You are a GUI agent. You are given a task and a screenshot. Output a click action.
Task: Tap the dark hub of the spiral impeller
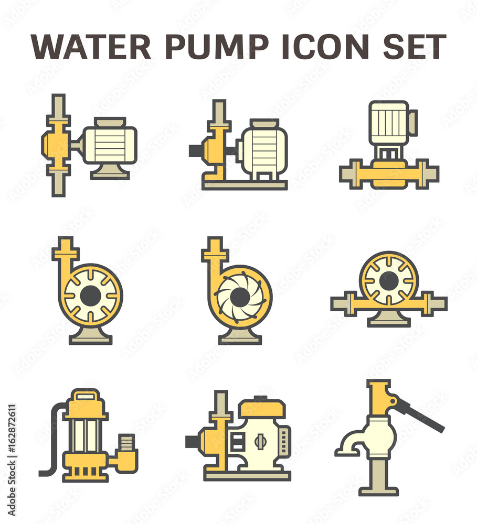tap(240, 298)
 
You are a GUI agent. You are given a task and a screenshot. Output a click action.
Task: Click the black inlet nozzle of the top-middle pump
tap(196, 150)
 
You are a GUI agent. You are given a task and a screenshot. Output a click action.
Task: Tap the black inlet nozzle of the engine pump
tap(192, 441)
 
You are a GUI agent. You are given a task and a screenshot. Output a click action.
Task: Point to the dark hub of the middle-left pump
tap(90, 296)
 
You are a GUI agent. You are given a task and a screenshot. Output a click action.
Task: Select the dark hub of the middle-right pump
tap(388, 281)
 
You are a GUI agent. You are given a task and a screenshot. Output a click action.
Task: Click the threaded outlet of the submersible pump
tap(127, 442)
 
